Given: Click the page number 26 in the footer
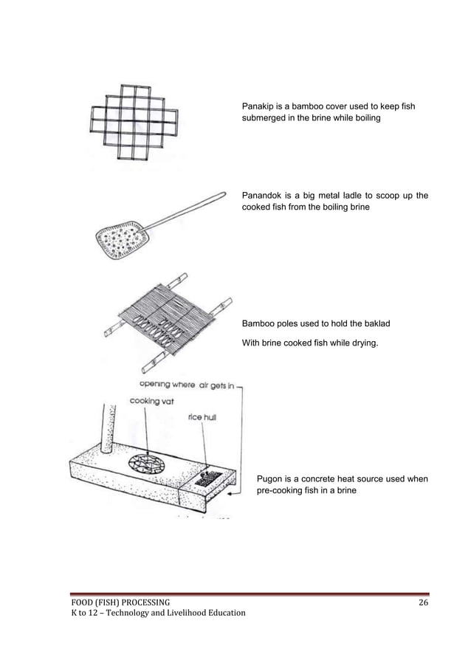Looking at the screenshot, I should click(x=423, y=603).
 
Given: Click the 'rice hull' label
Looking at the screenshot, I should click(x=201, y=416).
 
